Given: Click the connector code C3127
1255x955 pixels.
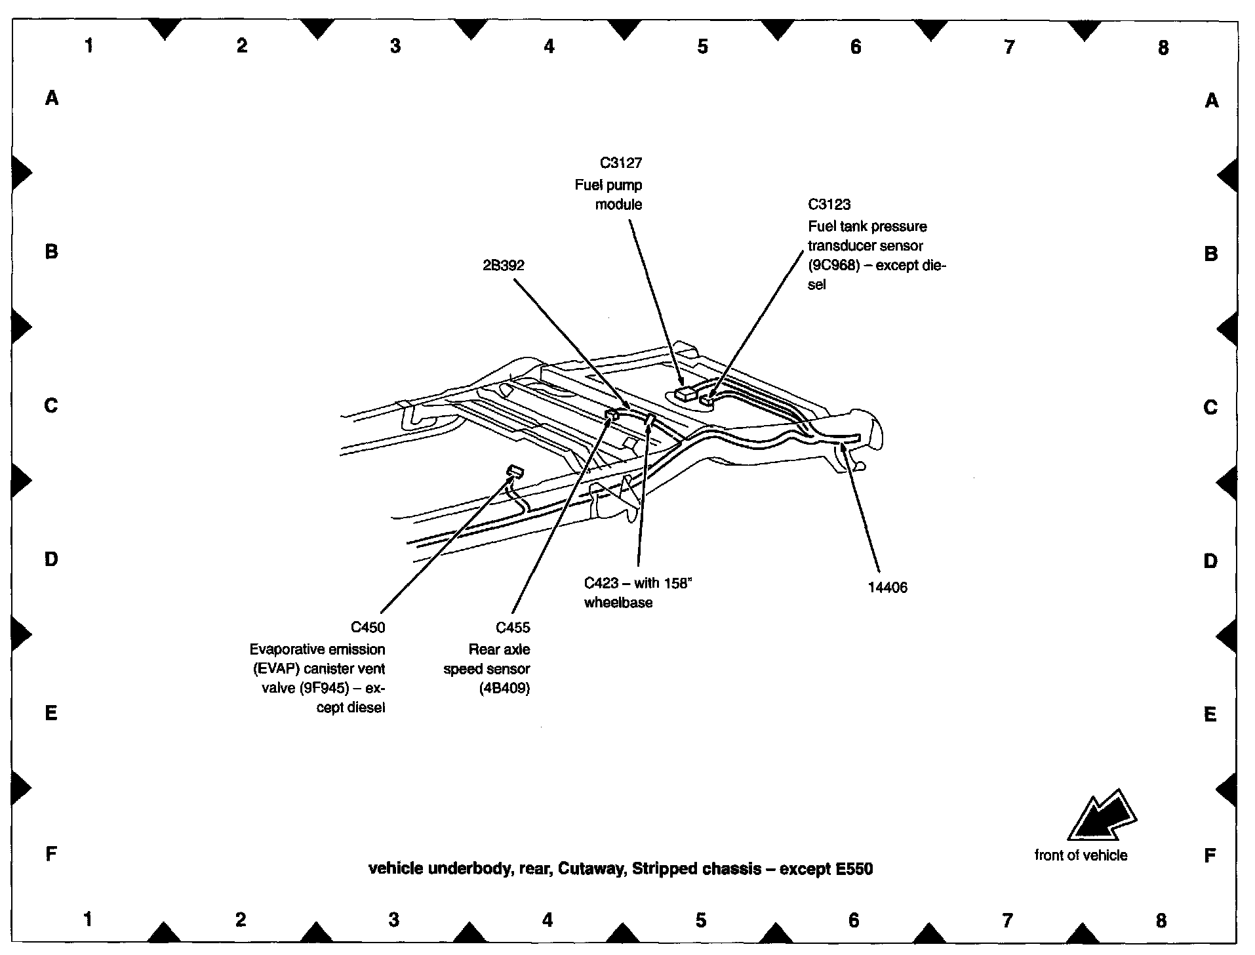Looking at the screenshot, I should point(620,163).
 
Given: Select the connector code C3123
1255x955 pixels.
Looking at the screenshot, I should point(829,204).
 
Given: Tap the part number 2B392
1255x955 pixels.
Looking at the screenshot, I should point(503,266).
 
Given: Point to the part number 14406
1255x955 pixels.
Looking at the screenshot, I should point(887,588).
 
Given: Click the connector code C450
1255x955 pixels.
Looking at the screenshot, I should point(368,628).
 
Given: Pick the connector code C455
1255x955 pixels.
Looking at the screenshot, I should point(513,628).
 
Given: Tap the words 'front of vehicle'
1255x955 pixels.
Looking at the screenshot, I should point(1081,855).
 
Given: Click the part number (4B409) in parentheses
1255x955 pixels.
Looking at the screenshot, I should point(504,688).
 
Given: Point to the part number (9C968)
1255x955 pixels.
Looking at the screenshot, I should point(833,266).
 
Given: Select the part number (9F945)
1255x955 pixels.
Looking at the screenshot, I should point(324,689).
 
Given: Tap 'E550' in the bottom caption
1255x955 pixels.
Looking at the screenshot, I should point(854,869).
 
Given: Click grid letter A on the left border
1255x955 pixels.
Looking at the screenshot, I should point(52,98).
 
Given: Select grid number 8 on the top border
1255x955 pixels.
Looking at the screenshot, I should point(1163,47).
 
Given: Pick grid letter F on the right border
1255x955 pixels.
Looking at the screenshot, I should point(1210,855).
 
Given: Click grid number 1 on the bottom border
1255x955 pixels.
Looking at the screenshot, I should point(88,919).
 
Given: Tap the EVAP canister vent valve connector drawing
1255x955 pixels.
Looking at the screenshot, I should point(515,470).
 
